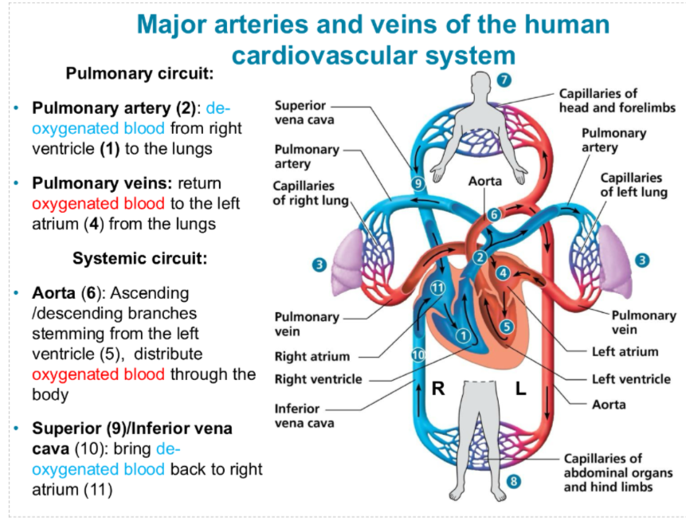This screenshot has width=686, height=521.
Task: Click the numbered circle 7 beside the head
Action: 503,79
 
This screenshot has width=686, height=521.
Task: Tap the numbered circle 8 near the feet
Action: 514,481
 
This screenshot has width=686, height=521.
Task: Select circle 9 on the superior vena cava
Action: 417,183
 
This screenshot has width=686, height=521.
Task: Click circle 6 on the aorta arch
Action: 493,214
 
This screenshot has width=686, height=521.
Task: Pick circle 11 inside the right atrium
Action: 437,288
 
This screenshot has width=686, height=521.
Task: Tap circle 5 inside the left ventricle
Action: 507,325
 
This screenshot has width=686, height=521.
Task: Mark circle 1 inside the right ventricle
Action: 461,335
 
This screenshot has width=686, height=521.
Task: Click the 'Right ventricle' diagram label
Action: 318,379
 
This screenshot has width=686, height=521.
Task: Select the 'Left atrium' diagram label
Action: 625,351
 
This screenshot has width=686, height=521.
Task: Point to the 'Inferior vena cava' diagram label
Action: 304,415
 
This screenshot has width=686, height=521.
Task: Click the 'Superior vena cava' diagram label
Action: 304,112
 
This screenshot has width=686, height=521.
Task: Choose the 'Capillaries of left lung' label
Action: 630,184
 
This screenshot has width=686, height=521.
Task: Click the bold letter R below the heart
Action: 437,389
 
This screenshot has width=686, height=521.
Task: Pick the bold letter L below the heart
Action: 520,389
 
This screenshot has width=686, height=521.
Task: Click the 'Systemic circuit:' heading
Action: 139,259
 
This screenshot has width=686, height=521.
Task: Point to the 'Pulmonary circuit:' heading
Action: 139,74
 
